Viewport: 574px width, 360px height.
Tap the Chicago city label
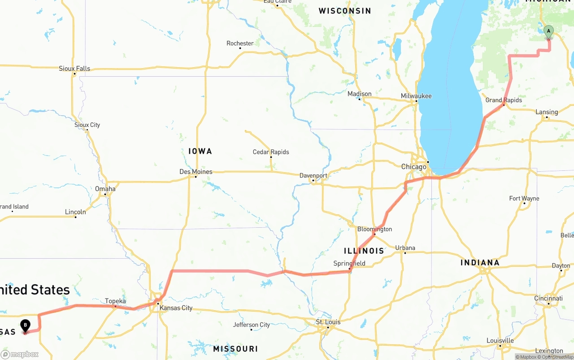click(413, 167)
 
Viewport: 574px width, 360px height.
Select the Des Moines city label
click(196, 172)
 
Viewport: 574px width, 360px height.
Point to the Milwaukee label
click(416, 96)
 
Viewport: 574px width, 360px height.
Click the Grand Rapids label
click(504, 100)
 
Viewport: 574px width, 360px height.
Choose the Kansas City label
click(176, 308)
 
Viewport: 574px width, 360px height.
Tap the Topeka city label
click(115, 301)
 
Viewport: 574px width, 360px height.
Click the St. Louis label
click(328, 322)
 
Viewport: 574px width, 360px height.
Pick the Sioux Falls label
click(74, 69)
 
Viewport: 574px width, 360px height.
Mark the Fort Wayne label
click(524, 198)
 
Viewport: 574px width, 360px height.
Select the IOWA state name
click(200, 151)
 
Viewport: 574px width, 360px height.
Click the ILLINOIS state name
click(364, 251)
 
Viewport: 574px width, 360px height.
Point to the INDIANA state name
click(480, 263)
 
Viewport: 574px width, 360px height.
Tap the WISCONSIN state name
click(345, 11)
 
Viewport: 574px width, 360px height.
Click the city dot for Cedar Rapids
click(271, 157)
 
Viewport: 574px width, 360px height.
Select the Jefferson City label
click(252, 325)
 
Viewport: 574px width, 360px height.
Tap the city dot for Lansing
click(547, 117)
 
